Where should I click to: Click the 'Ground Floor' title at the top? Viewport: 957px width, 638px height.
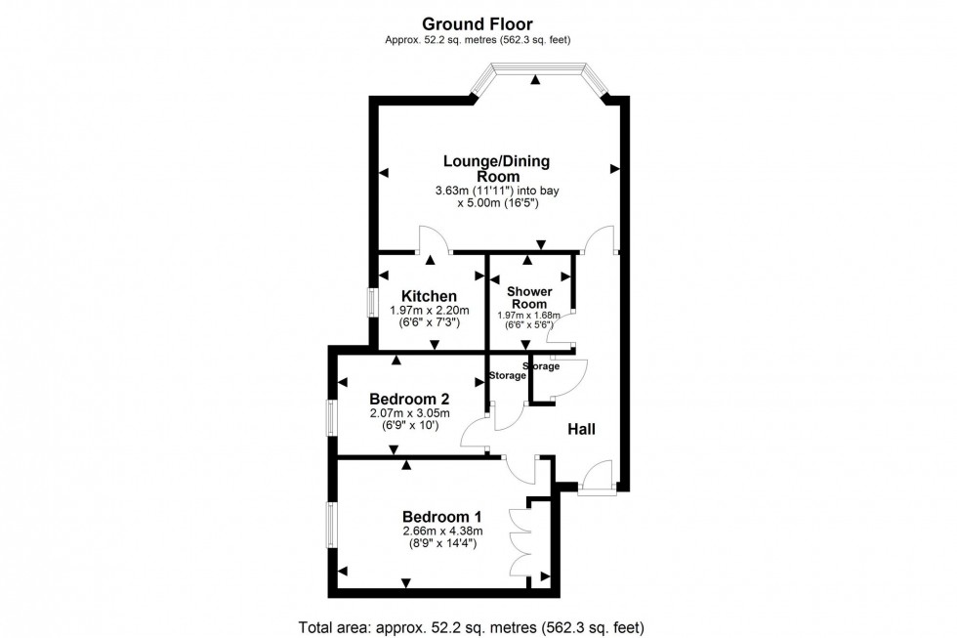pos(478,22)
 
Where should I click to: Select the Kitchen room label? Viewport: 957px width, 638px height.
pos(429,296)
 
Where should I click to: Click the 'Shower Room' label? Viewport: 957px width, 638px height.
pos(529,298)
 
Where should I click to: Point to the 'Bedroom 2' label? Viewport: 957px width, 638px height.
pos(409,399)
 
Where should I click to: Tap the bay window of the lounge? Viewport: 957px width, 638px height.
pos(535,72)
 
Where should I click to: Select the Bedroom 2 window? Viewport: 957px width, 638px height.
pos(332,417)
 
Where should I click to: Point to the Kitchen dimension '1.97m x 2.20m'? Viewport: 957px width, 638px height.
pos(429,311)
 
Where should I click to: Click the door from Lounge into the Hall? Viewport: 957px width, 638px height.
pos(599,240)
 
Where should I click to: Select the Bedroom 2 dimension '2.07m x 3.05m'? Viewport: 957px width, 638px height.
pos(409,413)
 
